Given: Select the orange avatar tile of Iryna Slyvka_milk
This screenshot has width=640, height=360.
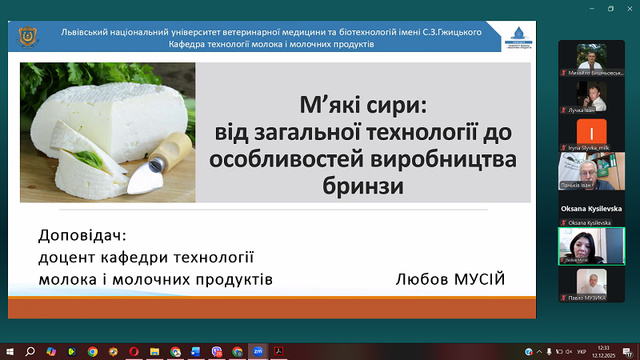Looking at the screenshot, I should pos(591,132).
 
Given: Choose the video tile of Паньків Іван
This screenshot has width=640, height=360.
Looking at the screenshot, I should pos(591,170).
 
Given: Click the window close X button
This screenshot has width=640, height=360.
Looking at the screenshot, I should pos(630,9).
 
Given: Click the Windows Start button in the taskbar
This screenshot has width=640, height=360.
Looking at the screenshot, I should pos(10,351).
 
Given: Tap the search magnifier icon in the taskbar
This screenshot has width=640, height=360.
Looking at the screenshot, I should pos(30,351).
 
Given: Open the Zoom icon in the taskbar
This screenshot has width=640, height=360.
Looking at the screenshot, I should pos(258,351).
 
